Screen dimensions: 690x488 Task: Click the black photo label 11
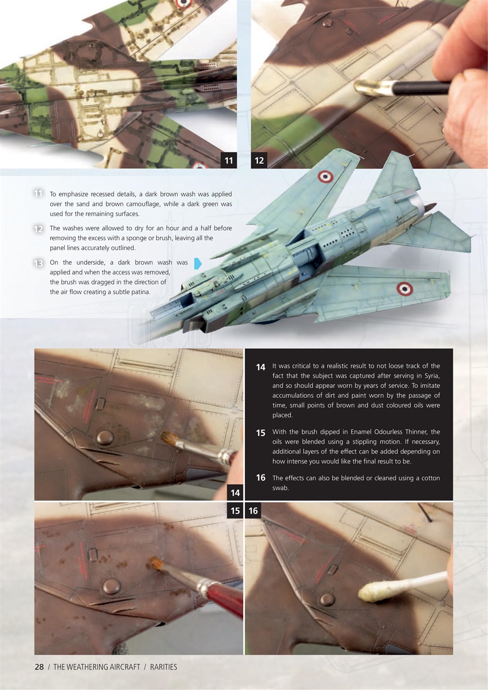click(229, 160)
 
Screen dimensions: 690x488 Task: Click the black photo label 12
click(259, 160)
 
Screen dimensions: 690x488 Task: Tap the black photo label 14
click(235, 492)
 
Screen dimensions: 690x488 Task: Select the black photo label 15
click(235, 510)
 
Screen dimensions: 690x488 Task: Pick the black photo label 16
click(253, 510)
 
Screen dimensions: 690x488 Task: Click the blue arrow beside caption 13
click(197, 263)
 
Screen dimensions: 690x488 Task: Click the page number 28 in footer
click(39, 667)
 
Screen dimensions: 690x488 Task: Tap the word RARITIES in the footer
click(163, 667)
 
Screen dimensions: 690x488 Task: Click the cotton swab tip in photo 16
click(370, 592)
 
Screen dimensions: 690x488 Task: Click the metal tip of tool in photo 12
click(373, 87)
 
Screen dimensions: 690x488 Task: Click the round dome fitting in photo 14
click(105, 437)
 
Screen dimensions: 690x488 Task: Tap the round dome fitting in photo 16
click(327, 599)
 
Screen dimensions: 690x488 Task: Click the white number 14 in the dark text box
click(260, 367)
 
